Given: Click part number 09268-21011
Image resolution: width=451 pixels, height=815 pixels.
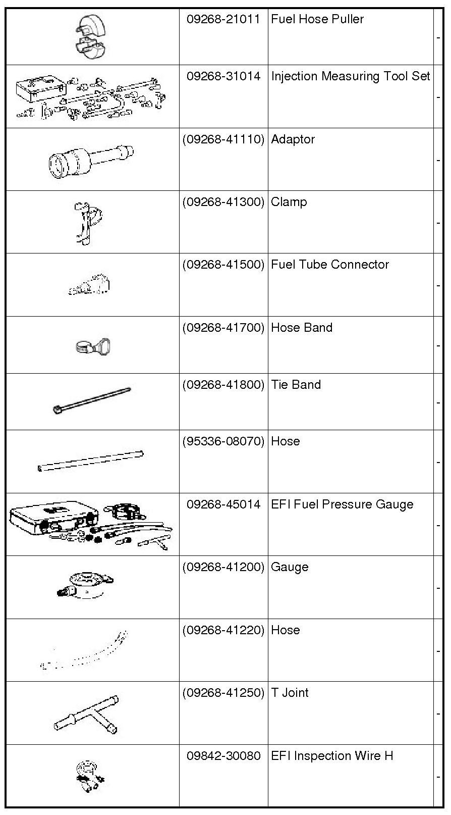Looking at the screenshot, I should (x=223, y=20).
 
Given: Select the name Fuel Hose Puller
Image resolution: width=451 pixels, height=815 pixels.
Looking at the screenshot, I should (x=317, y=20).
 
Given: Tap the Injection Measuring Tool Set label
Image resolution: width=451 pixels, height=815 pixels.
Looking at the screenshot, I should (x=351, y=76).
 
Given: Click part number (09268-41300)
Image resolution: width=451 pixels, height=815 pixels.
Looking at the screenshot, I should (x=223, y=202).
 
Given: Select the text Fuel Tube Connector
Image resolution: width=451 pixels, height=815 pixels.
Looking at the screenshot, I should (x=330, y=265).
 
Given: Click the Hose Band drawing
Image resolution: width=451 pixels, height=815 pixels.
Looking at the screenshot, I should (x=93, y=346).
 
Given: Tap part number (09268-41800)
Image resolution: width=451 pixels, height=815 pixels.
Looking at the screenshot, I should (x=223, y=385).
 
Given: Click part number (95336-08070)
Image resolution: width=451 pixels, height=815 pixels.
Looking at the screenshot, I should (x=223, y=441).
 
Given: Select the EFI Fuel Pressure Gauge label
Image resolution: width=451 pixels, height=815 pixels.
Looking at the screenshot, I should (x=342, y=504).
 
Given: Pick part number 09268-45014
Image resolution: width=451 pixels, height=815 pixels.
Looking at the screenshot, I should (x=223, y=504).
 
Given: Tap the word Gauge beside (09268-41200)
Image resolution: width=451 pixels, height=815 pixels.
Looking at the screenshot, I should (x=290, y=567).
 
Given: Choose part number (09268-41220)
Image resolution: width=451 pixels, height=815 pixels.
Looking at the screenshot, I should (x=223, y=630).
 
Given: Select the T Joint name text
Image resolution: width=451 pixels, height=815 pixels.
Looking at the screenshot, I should (x=290, y=693).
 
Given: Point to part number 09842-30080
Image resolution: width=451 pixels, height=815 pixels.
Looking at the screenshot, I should (x=223, y=756).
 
